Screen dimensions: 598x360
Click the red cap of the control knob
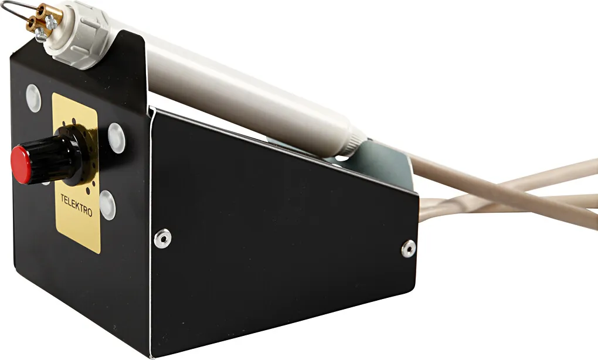pyautogui.click(x=21, y=165)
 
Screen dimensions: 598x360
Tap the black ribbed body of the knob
pyautogui.click(x=53, y=159)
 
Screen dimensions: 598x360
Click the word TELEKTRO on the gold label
pyautogui.click(x=76, y=205)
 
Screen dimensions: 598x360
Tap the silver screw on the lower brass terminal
pyautogui.click(x=41, y=35)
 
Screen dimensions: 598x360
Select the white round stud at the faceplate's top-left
pyautogui.click(x=33, y=98)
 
